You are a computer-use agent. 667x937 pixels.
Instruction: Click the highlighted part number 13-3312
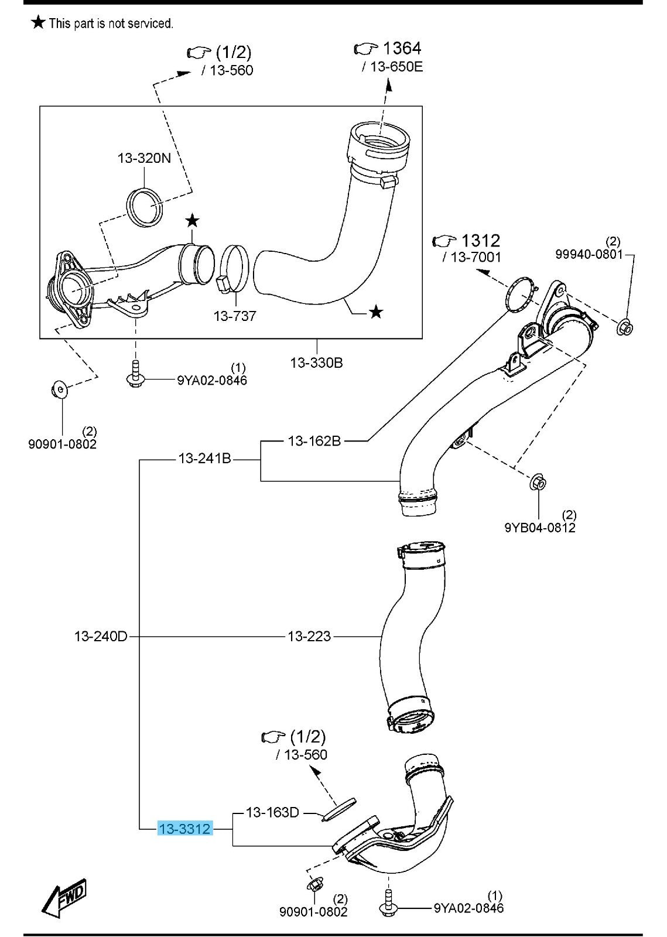click(184, 829)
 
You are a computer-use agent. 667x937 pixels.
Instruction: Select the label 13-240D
click(101, 636)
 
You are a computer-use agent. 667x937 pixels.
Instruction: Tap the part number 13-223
click(309, 636)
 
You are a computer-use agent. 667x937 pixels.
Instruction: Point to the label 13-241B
click(204, 459)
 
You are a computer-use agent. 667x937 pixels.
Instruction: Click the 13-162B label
click(314, 440)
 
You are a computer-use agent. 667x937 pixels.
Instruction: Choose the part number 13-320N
click(145, 158)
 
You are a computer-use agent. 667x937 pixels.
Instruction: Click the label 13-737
click(235, 316)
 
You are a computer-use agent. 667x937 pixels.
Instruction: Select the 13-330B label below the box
click(316, 363)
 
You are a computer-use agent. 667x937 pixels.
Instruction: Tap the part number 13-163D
click(272, 812)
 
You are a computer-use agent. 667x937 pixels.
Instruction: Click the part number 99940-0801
click(589, 254)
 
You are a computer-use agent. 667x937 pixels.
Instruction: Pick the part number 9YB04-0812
click(540, 528)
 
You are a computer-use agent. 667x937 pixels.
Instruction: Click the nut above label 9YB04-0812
click(538, 483)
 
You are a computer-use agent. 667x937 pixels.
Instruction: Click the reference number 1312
click(481, 240)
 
